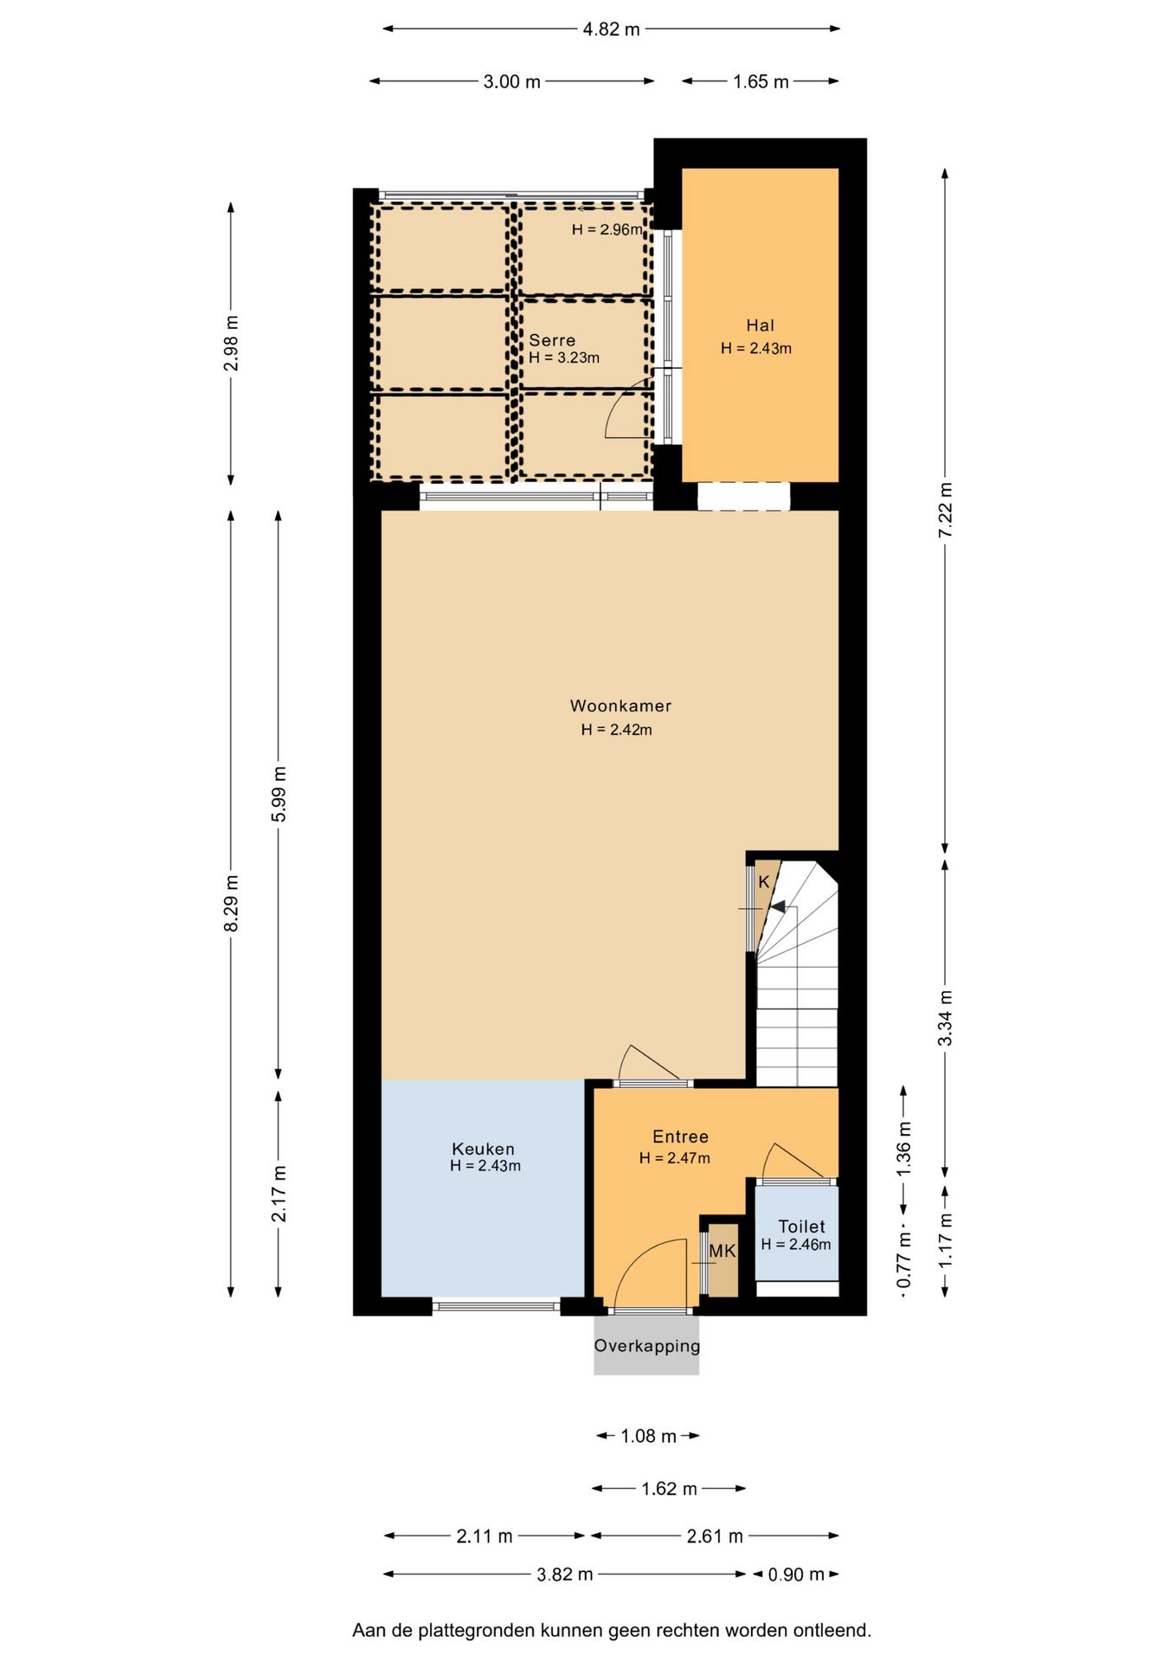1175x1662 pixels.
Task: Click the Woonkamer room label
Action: click(620, 706)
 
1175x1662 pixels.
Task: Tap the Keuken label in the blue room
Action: click(483, 1149)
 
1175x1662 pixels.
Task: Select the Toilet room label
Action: click(801, 1227)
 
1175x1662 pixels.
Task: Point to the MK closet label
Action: click(722, 1251)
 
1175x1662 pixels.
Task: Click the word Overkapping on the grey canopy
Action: click(646, 1346)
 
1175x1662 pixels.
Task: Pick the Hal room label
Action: click(760, 325)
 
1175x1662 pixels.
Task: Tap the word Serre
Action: click(552, 340)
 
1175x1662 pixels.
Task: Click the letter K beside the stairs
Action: click(764, 882)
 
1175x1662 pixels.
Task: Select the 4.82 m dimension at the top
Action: click(611, 29)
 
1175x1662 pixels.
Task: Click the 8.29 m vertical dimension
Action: click(231, 904)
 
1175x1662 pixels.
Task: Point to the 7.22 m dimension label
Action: click(945, 511)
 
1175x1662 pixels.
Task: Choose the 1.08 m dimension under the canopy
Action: click(648, 1436)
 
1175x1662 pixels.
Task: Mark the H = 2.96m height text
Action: click(607, 229)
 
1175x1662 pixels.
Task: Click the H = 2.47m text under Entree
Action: click(675, 1158)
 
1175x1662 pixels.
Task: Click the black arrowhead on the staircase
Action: click(778, 907)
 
